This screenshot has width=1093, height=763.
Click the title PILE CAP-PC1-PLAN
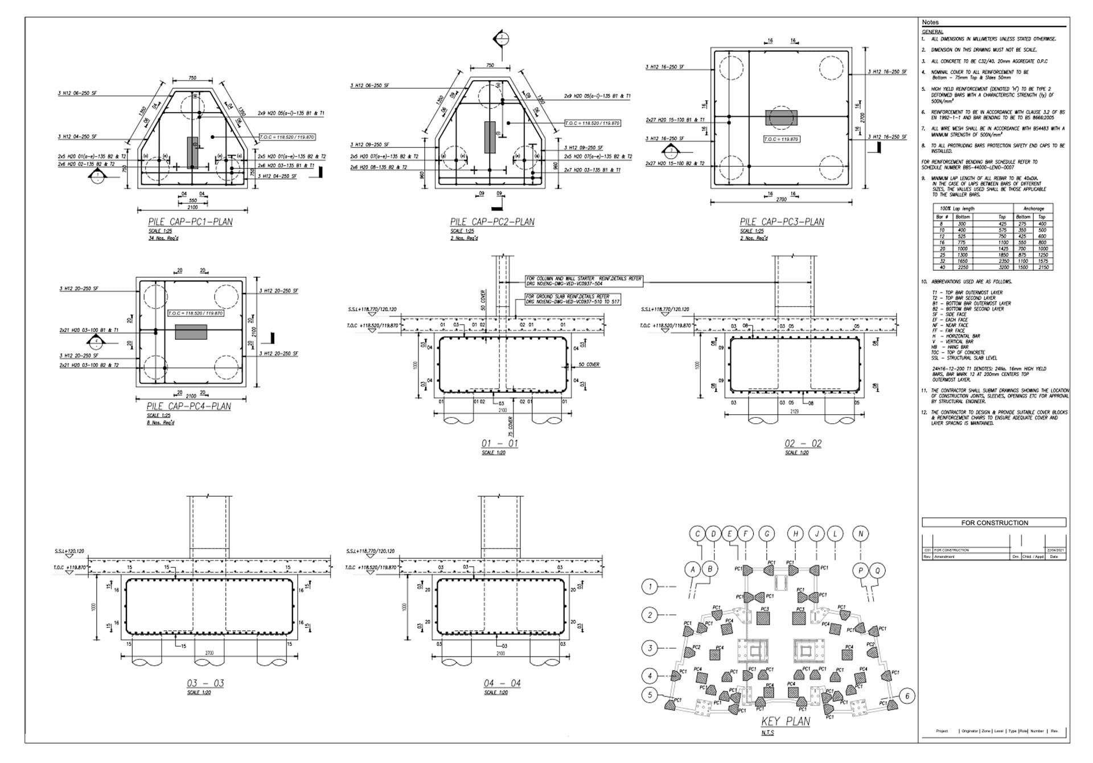(190, 222)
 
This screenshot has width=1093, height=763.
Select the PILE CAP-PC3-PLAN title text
(782, 222)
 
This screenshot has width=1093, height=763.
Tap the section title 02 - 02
(803, 443)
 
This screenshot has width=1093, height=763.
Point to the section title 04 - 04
(502, 683)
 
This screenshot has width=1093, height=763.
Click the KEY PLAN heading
(786, 721)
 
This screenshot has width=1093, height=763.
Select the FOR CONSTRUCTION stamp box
(994, 522)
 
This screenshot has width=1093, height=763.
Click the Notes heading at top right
(930, 22)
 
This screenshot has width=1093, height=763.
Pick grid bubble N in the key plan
(861, 534)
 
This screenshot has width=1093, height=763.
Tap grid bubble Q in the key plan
(877, 570)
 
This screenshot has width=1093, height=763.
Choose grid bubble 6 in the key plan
(907, 695)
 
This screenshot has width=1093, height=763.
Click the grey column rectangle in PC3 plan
(781, 118)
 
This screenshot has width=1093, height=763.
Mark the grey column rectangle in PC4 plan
(191, 332)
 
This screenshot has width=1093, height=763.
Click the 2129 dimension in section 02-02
(794, 411)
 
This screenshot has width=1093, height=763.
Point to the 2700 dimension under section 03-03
(209, 653)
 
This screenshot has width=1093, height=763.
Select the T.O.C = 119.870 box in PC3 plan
(781, 139)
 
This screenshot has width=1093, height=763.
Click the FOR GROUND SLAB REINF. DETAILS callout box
(572, 299)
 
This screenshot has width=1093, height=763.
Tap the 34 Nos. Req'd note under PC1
(161, 238)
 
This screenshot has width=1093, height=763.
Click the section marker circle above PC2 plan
(502, 39)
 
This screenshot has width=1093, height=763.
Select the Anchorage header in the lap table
(1033, 209)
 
